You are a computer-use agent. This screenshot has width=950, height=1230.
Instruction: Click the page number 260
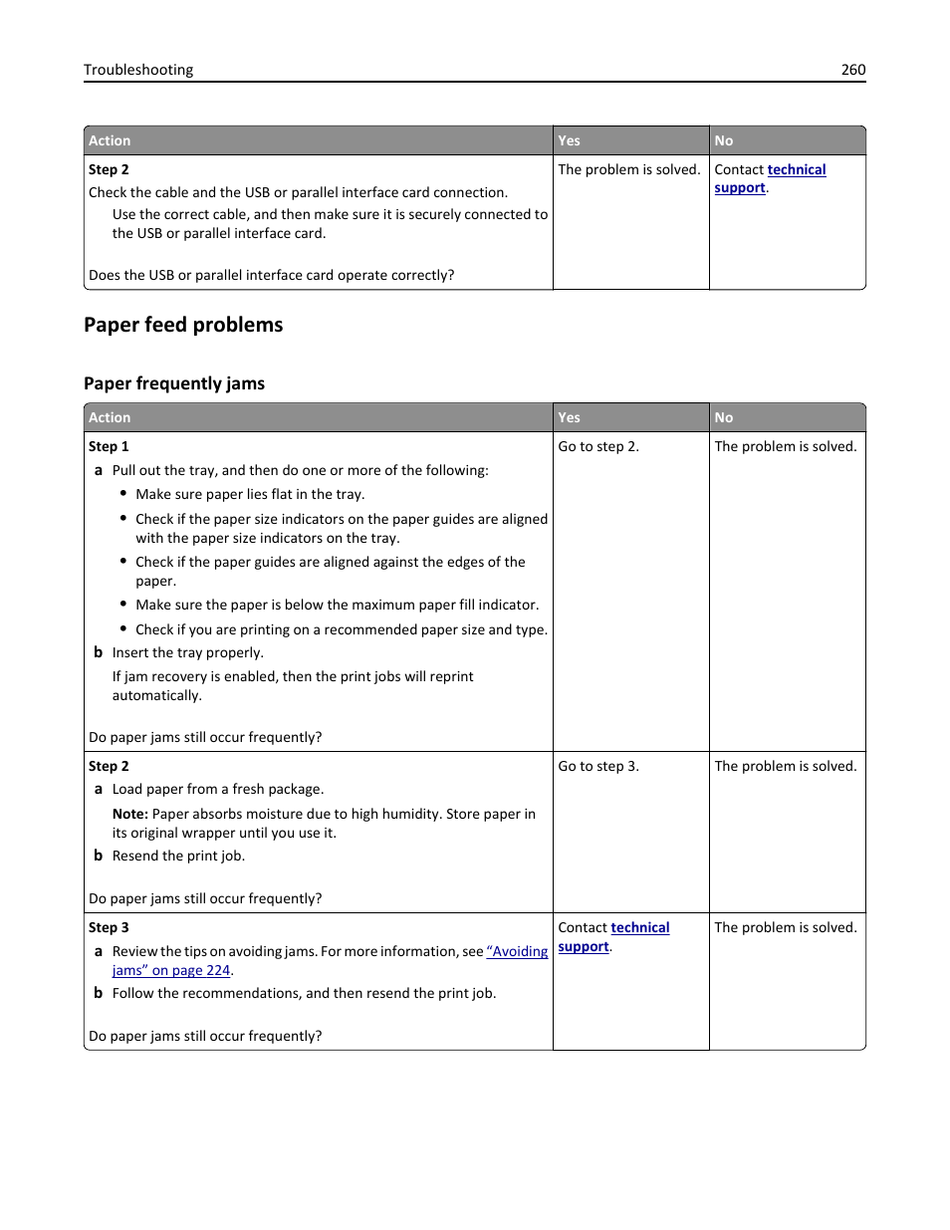pyautogui.click(x=852, y=70)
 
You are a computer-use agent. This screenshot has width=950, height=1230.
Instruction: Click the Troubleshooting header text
pyautogui.click(x=138, y=70)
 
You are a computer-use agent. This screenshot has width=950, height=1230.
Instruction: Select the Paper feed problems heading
pyautogui.click(x=183, y=325)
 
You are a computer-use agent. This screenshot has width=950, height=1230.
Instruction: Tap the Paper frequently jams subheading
pyautogui.click(x=174, y=383)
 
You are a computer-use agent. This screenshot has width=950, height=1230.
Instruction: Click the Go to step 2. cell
pyautogui.click(x=598, y=447)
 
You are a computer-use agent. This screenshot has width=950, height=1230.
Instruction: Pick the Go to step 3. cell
pyautogui.click(x=598, y=767)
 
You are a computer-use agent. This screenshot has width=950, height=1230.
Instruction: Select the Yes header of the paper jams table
pyautogui.click(x=570, y=418)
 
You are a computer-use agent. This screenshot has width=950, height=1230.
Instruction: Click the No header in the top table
pyautogui.click(x=724, y=141)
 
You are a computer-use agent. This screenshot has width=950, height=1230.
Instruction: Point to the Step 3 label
pyautogui.click(x=109, y=928)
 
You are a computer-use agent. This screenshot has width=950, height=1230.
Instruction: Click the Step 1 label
pyautogui.click(x=109, y=447)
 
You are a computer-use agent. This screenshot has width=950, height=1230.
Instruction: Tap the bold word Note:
pyautogui.click(x=130, y=815)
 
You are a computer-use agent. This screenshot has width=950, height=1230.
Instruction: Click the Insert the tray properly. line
pyautogui.click(x=188, y=653)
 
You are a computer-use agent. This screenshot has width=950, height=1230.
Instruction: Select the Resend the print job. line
pyautogui.click(x=178, y=857)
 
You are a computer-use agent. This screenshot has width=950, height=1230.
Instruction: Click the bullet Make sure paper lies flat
pyautogui.click(x=250, y=495)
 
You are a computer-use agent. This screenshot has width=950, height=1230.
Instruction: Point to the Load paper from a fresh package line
pyautogui.click(x=218, y=790)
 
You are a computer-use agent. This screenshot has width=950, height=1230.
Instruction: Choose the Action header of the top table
pyautogui.click(x=110, y=141)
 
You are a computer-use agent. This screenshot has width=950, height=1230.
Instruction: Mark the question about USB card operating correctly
pyautogui.click(x=272, y=276)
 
